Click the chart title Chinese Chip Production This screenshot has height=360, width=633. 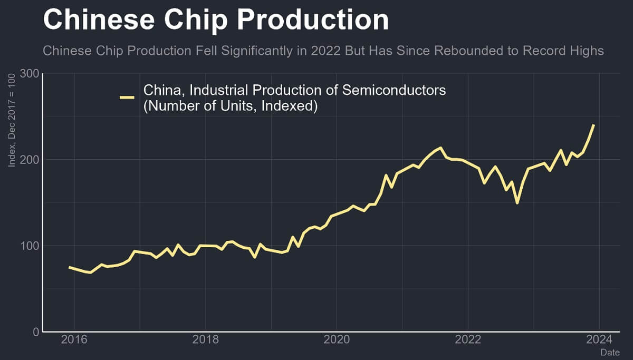point(216,20)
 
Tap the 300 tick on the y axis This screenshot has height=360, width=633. point(29,73)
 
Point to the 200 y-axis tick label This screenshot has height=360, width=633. point(29,160)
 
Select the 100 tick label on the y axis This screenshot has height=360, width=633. point(29,246)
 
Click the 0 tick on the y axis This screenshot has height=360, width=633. point(35,332)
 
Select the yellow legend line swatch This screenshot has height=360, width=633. point(127,98)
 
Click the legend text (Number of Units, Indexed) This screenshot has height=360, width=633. point(230,106)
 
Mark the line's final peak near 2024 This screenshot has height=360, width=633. point(593,125)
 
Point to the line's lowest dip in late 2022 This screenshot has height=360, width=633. point(517,202)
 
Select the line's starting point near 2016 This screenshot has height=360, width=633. point(70,267)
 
